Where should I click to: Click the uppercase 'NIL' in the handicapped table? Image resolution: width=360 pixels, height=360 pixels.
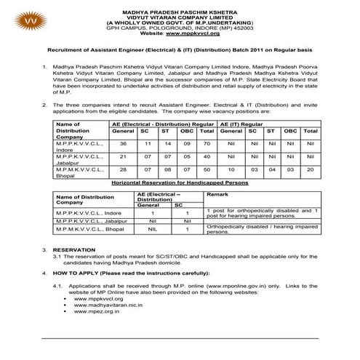pyautogui.click(x=148, y=229)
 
